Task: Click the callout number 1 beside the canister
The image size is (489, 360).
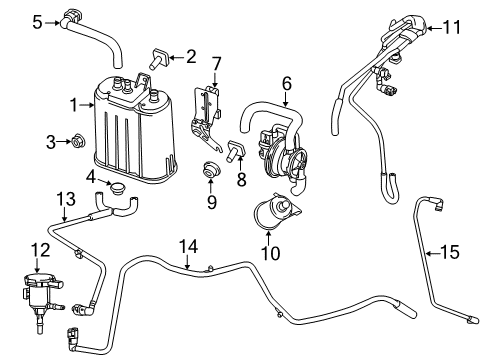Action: (x=72, y=103)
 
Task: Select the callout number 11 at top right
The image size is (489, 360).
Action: (x=452, y=28)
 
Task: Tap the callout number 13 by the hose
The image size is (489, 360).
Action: (x=65, y=197)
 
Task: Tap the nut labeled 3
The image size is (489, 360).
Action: (x=81, y=144)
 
